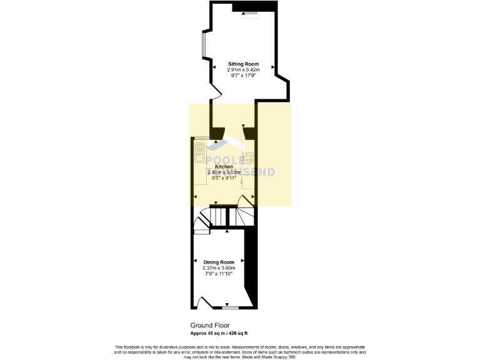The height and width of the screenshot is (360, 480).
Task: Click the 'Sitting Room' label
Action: [243, 64]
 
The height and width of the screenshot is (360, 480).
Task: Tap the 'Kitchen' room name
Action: [224, 167]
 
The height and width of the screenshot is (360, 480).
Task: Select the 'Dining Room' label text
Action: [219, 262]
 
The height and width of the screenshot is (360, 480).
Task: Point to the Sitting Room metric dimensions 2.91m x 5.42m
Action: [243, 69]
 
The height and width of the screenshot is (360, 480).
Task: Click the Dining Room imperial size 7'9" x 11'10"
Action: [219, 273]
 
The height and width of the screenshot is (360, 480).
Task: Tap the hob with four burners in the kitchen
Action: [248, 157]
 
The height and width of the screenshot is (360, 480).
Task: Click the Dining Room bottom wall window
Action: [230, 307]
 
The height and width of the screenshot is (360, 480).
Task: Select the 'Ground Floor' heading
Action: [210, 326]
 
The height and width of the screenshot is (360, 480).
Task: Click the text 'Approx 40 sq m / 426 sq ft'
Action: [223, 333]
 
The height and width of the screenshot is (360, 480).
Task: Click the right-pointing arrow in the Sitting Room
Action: [272, 66]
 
